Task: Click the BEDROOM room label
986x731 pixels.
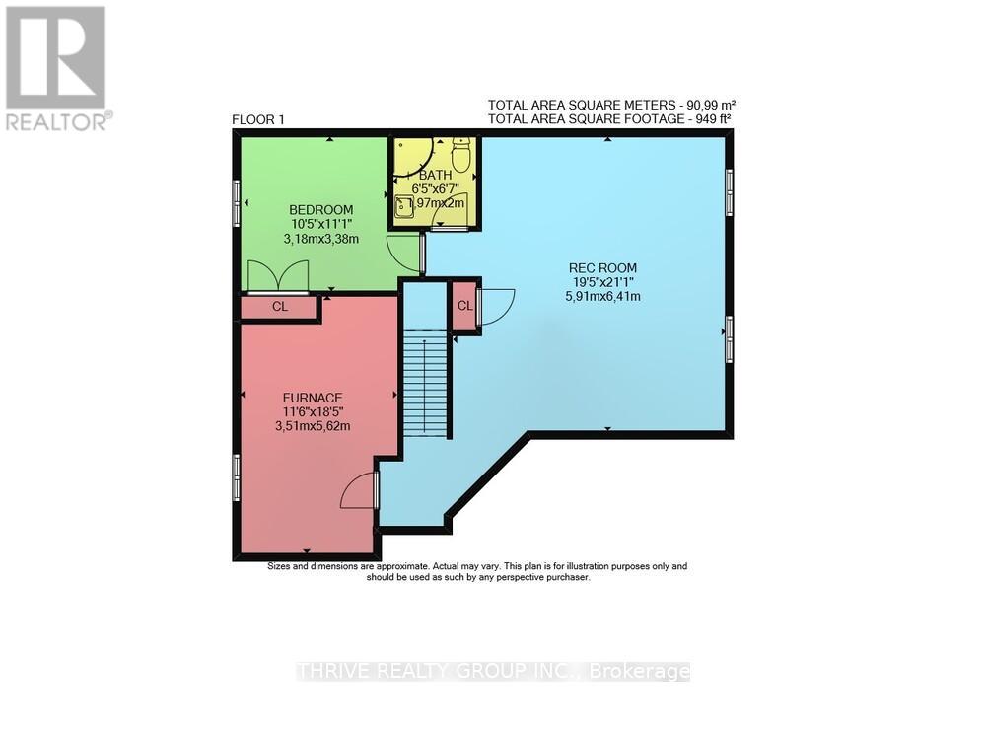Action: tap(320, 209)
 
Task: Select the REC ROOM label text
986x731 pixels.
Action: tap(602, 267)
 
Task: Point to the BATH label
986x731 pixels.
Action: tap(435, 177)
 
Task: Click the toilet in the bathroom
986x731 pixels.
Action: tap(461, 155)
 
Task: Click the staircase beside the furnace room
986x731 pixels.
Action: tap(425, 384)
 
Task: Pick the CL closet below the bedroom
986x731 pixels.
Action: tap(280, 307)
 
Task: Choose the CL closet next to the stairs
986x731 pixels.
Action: tap(464, 306)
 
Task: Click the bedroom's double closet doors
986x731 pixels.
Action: tap(278, 276)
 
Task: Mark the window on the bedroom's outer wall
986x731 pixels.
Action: tap(237, 203)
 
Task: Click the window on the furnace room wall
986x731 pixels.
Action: tap(237, 477)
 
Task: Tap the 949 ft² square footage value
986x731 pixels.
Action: tap(708, 118)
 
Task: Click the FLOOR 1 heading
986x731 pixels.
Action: tap(258, 120)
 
